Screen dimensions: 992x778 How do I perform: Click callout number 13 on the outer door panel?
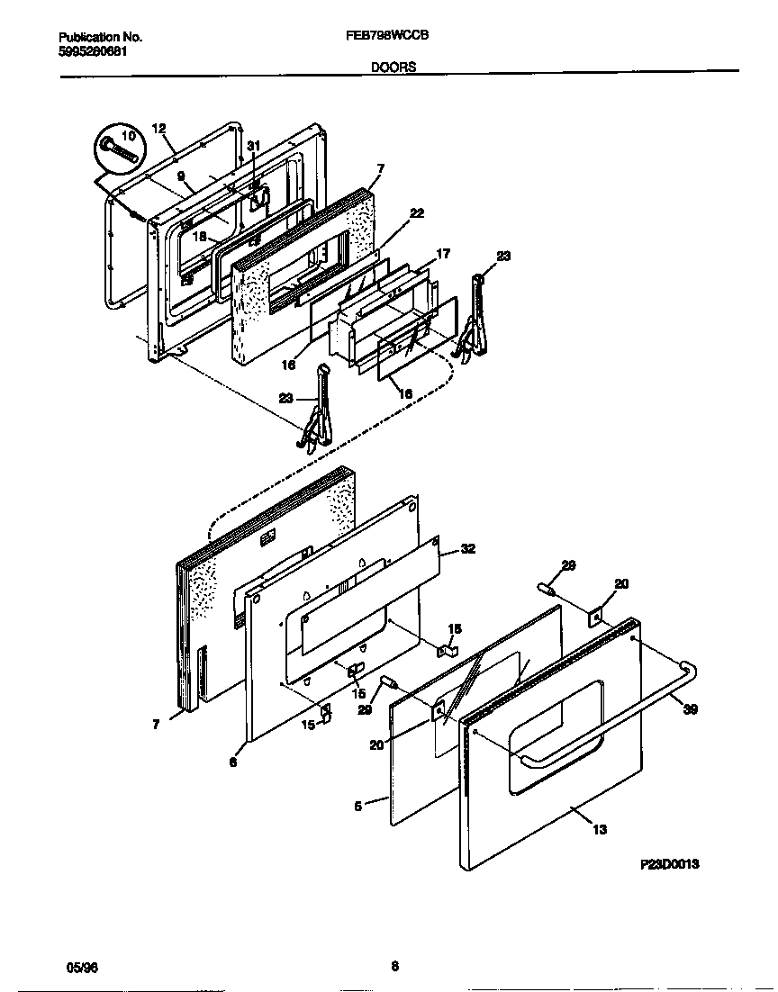[x=599, y=830]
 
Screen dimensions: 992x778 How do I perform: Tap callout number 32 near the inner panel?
[x=467, y=548]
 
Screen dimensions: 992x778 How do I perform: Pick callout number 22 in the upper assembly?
[x=415, y=213]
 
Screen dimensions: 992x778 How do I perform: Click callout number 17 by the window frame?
[x=442, y=255]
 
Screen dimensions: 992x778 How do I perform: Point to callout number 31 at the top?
[x=253, y=147]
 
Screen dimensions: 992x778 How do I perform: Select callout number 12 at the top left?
[x=158, y=129]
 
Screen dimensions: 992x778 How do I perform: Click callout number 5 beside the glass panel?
[x=357, y=807]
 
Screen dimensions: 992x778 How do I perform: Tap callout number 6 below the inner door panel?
[x=232, y=762]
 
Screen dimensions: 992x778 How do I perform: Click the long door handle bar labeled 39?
[x=612, y=720]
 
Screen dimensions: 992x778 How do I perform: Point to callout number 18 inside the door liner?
[x=200, y=236]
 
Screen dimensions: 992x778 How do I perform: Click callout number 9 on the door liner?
[x=180, y=176]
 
